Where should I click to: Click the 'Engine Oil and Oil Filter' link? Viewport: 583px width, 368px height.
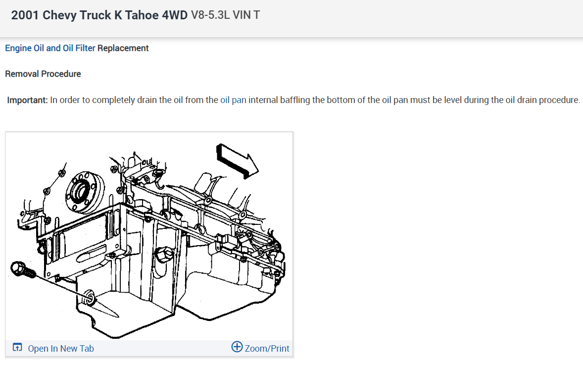point(50,48)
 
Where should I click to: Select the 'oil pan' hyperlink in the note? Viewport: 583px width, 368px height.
point(233,100)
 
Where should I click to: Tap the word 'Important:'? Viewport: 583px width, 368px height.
point(28,100)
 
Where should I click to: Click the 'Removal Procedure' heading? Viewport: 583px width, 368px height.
point(43,74)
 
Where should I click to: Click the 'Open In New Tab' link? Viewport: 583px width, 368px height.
point(61,348)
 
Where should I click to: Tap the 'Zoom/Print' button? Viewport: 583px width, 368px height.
point(267,348)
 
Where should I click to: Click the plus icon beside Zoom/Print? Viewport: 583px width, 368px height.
point(237,347)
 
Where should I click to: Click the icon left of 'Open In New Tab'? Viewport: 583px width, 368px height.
point(17,348)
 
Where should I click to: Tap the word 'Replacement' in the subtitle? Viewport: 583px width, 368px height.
point(123,48)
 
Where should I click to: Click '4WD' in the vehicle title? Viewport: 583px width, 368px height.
point(175,15)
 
